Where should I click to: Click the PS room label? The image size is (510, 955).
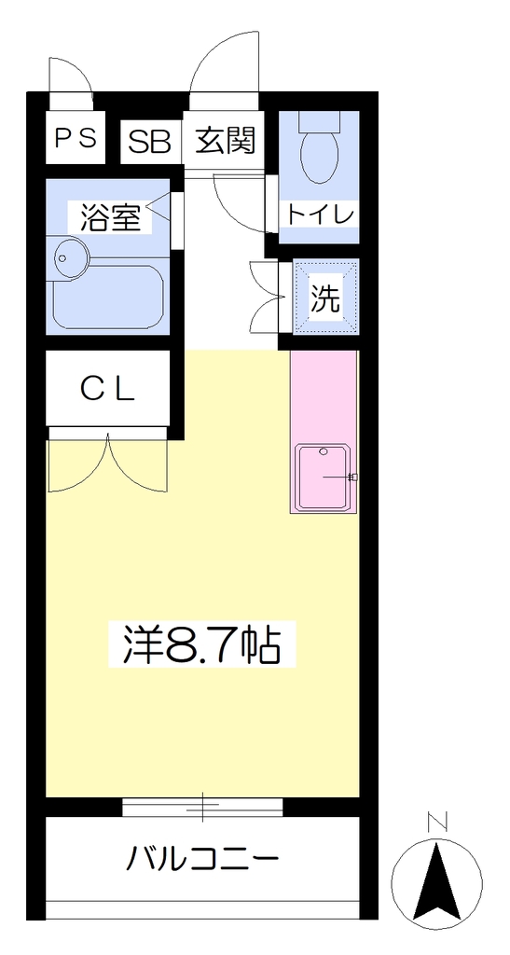[x=76, y=138]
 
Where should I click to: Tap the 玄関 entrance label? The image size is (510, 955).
[x=225, y=142]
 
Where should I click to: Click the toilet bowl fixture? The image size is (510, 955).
[x=320, y=148]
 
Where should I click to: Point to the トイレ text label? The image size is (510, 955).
[x=321, y=215]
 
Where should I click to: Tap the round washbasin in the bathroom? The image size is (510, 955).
[x=71, y=258]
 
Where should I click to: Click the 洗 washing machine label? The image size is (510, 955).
[x=325, y=298]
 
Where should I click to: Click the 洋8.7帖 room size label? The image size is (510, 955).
[x=202, y=644]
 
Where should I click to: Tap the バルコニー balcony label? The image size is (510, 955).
[x=202, y=860]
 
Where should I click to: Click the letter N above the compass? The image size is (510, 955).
[x=436, y=823]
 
